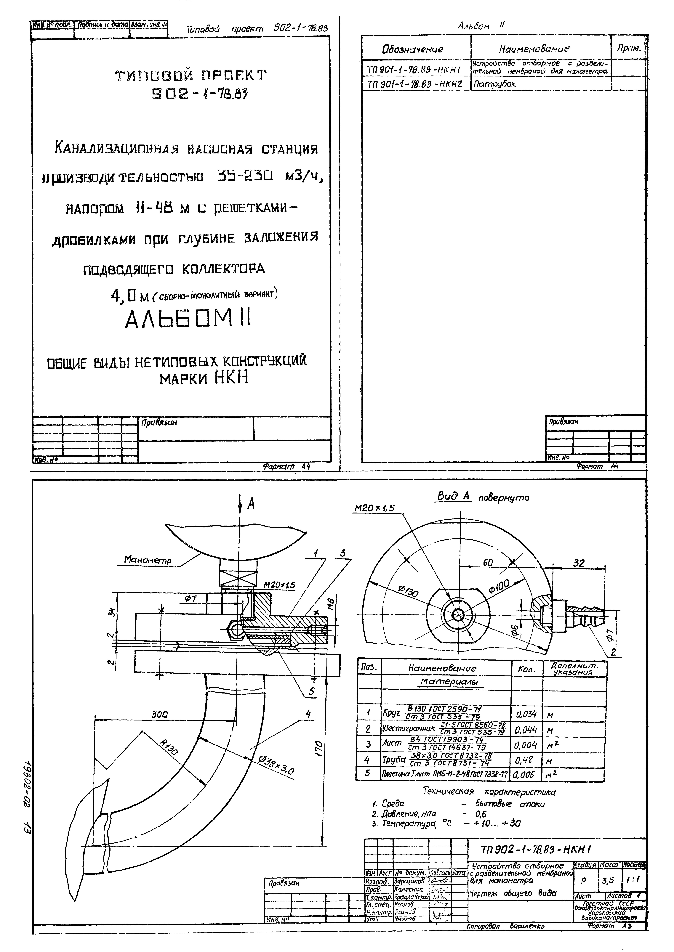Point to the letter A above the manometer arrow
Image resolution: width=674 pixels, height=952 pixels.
[251, 504]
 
